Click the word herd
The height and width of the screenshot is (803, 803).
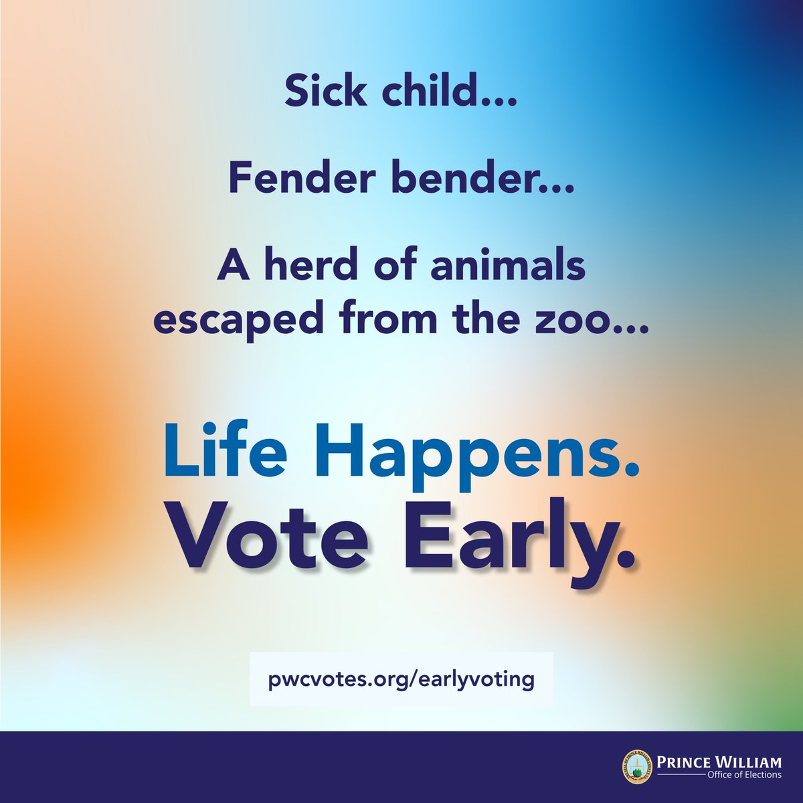[x=302, y=266]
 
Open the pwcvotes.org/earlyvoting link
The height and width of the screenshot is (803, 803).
[x=401, y=679]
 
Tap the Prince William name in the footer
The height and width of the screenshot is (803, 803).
[x=719, y=762]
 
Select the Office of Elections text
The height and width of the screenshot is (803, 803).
[x=743, y=775]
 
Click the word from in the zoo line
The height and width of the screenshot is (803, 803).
[x=382, y=321]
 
